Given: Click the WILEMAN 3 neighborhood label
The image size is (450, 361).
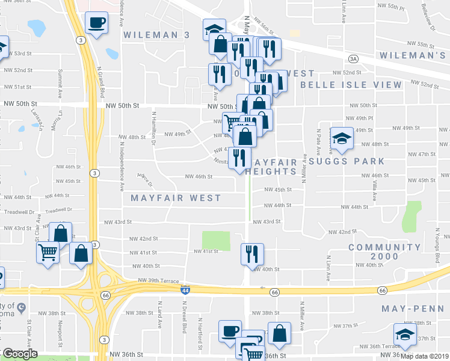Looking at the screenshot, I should click(x=156, y=35).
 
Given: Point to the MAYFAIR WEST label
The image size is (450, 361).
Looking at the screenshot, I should click(x=176, y=197).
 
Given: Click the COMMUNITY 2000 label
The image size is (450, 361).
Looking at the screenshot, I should click(x=384, y=251).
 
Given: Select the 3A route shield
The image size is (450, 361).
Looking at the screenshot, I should click(x=353, y=58).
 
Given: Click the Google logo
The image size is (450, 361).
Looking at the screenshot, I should click(x=20, y=353).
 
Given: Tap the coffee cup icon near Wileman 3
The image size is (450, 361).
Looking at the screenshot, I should click(x=96, y=23).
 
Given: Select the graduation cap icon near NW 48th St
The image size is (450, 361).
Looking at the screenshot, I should click(x=341, y=138).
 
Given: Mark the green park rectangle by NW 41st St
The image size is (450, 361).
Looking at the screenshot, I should click(x=216, y=241).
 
